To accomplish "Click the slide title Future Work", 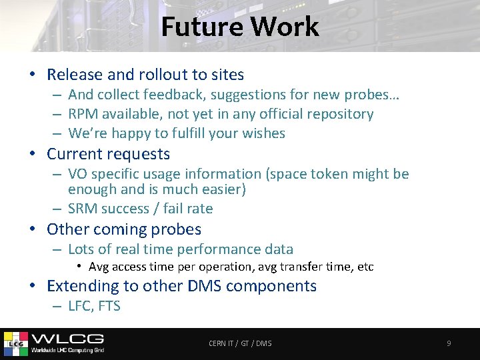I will pyautogui.click(x=240, y=27).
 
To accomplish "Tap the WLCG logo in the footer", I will pyautogui.click(x=53, y=342).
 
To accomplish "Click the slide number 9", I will pyautogui.click(x=449, y=343).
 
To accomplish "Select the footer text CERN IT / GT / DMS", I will pyautogui.click(x=240, y=343).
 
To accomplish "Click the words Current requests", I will pyautogui.click(x=108, y=154).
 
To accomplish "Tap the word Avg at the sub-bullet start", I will pyautogui.click(x=99, y=267).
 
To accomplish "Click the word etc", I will pyautogui.click(x=365, y=267).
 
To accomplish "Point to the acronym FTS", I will pyautogui.click(x=109, y=307).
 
